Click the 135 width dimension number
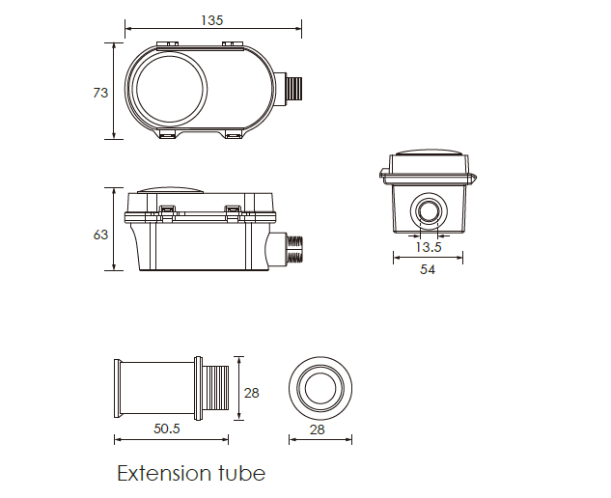click(212, 20)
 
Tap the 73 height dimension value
click(100, 93)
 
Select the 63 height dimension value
click(100, 235)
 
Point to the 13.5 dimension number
click(428, 247)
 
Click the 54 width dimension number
click(428, 269)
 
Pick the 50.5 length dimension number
click(167, 429)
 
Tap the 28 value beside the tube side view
click(251, 393)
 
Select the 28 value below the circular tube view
click(318, 429)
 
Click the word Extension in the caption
click(162, 474)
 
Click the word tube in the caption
click(239, 473)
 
